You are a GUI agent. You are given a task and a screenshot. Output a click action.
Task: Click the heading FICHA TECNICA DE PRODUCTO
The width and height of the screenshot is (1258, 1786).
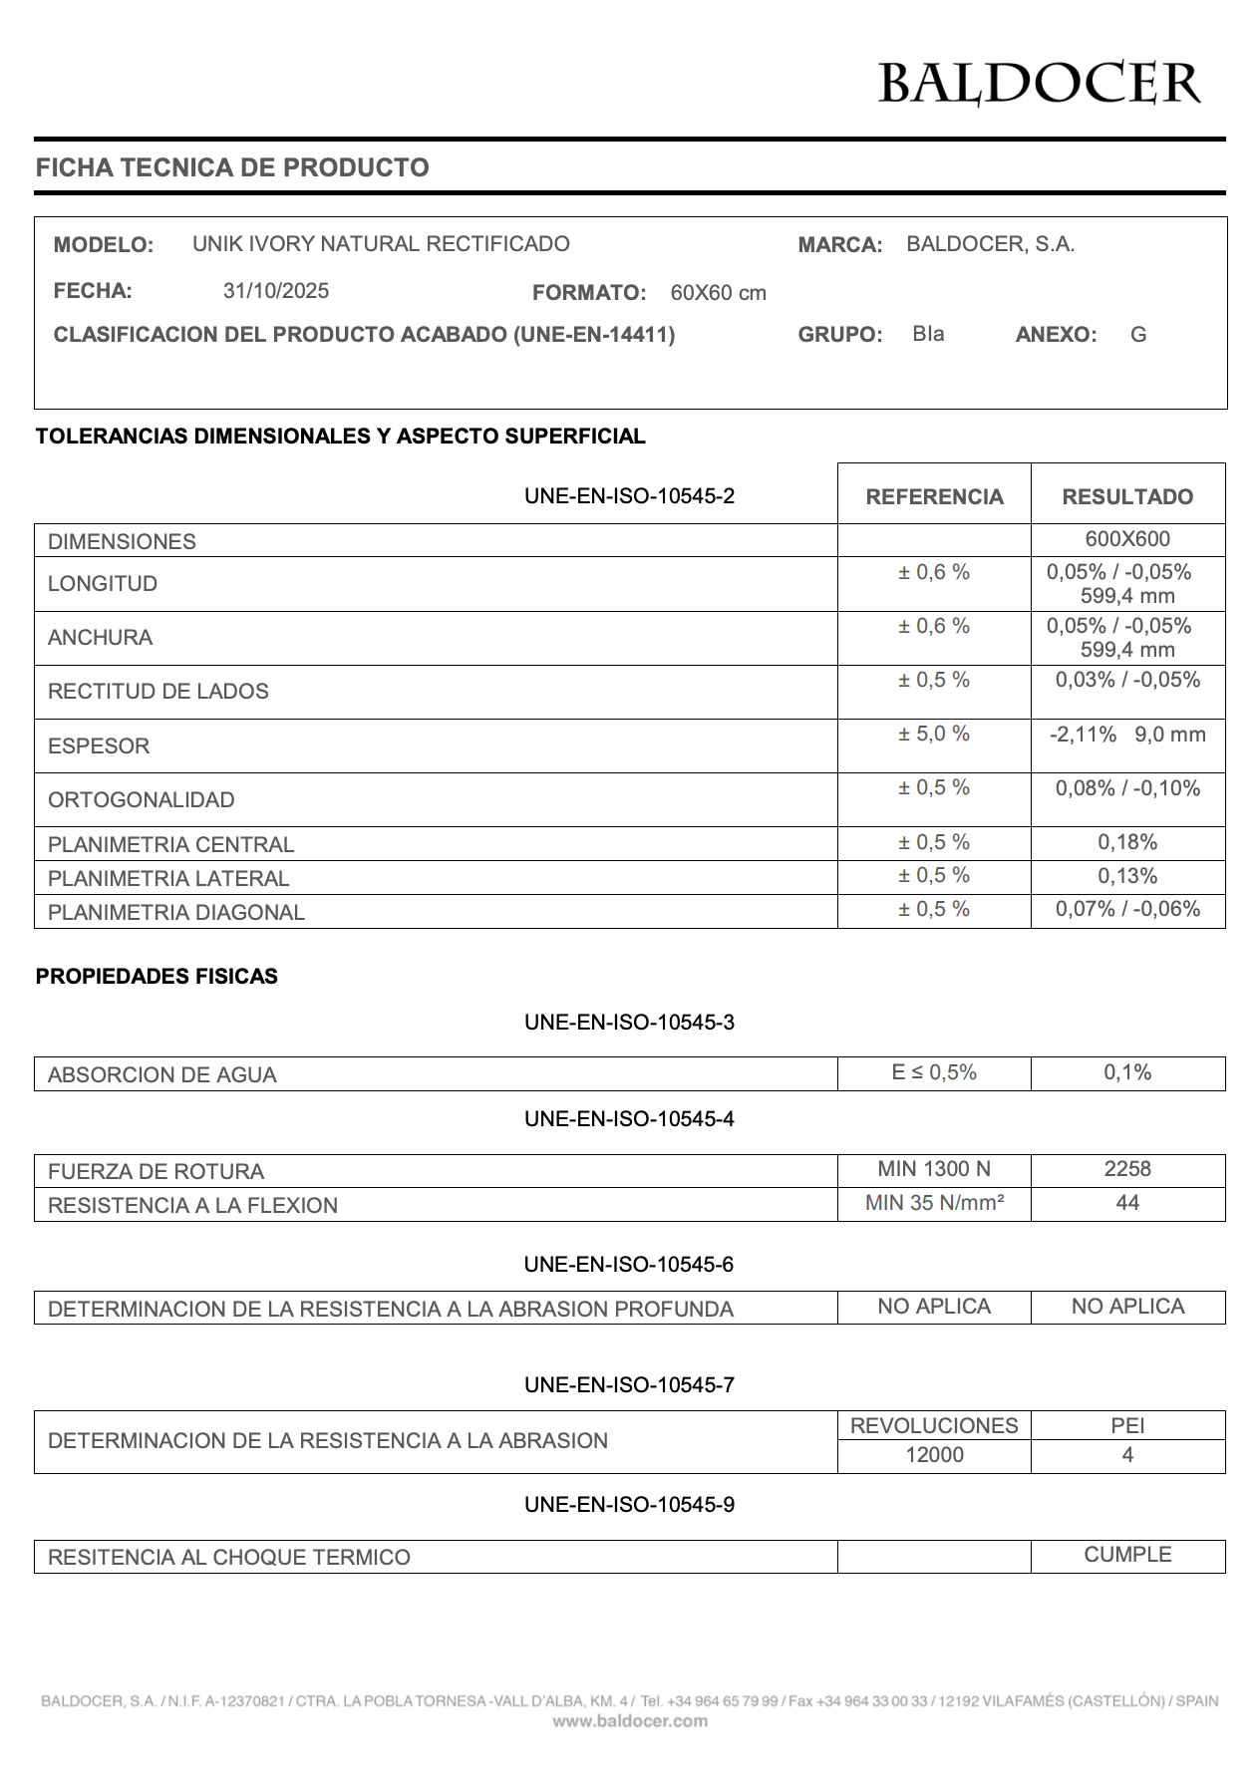[x=232, y=167]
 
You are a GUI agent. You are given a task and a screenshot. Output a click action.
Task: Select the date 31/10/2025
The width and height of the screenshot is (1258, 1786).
[x=276, y=291]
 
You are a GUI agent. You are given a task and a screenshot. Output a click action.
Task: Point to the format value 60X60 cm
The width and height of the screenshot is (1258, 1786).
[x=718, y=293]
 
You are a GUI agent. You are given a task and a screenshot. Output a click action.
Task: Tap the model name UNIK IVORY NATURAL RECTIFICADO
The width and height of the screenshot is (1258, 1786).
[x=381, y=244]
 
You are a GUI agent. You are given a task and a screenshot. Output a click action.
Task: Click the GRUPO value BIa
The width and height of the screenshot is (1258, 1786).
[x=928, y=334]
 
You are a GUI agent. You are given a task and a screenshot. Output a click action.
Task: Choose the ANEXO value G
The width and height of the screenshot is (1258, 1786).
[x=1138, y=335]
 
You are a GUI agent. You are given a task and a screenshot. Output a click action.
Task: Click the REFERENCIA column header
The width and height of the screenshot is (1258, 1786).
[x=934, y=496]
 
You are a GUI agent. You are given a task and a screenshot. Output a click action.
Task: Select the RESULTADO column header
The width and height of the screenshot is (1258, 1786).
[x=1127, y=496]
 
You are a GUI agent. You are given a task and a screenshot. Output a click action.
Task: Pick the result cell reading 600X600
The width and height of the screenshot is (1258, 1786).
[x=1127, y=539]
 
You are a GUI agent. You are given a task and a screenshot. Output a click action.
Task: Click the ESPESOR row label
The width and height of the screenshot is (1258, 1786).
[x=99, y=746]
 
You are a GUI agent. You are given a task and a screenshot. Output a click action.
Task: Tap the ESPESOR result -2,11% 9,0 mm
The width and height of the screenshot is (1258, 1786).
[x=1127, y=736]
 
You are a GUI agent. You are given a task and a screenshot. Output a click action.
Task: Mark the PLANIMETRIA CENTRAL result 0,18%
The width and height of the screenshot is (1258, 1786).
[x=1127, y=842]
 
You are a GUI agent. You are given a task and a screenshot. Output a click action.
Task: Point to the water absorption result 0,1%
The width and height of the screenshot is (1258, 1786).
[x=1127, y=1072]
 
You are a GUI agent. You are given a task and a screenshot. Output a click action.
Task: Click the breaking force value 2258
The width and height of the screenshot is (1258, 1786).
[x=1127, y=1169]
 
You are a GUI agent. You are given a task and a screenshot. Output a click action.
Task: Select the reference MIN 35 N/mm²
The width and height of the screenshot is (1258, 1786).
[x=934, y=1203]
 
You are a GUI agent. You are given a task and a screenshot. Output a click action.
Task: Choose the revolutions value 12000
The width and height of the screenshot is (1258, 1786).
[x=934, y=1455]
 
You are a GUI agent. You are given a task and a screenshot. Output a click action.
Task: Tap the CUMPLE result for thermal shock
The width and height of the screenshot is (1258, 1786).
[x=1127, y=1555]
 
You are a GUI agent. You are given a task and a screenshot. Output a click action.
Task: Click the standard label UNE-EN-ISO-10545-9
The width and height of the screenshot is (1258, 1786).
[x=629, y=1505]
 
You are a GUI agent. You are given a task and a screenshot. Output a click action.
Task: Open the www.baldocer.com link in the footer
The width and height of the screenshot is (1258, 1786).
[x=630, y=1720]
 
